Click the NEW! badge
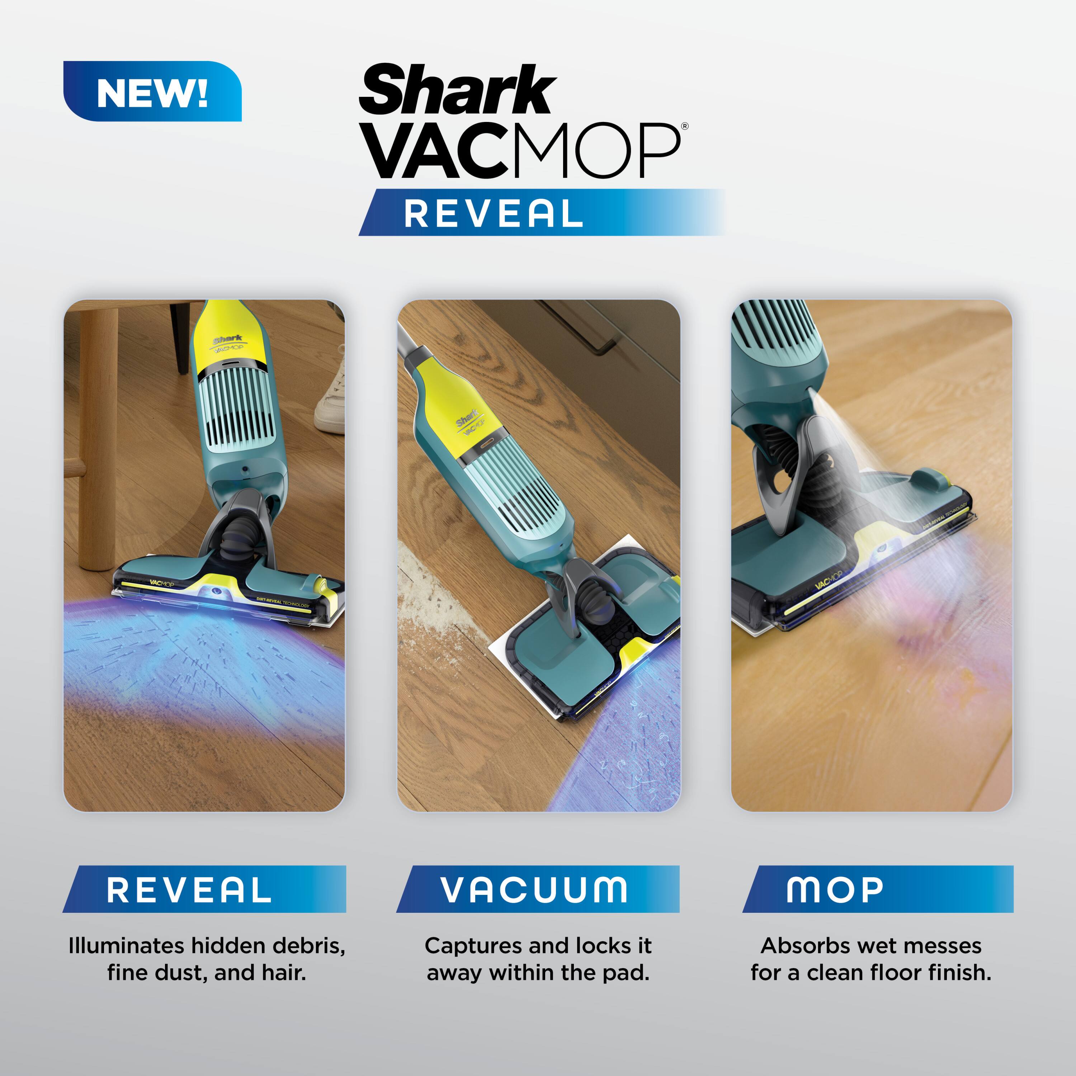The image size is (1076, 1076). (x=152, y=91)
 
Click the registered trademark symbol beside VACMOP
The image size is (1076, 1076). (x=684, y=126)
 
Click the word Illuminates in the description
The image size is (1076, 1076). (x=126, y=946)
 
